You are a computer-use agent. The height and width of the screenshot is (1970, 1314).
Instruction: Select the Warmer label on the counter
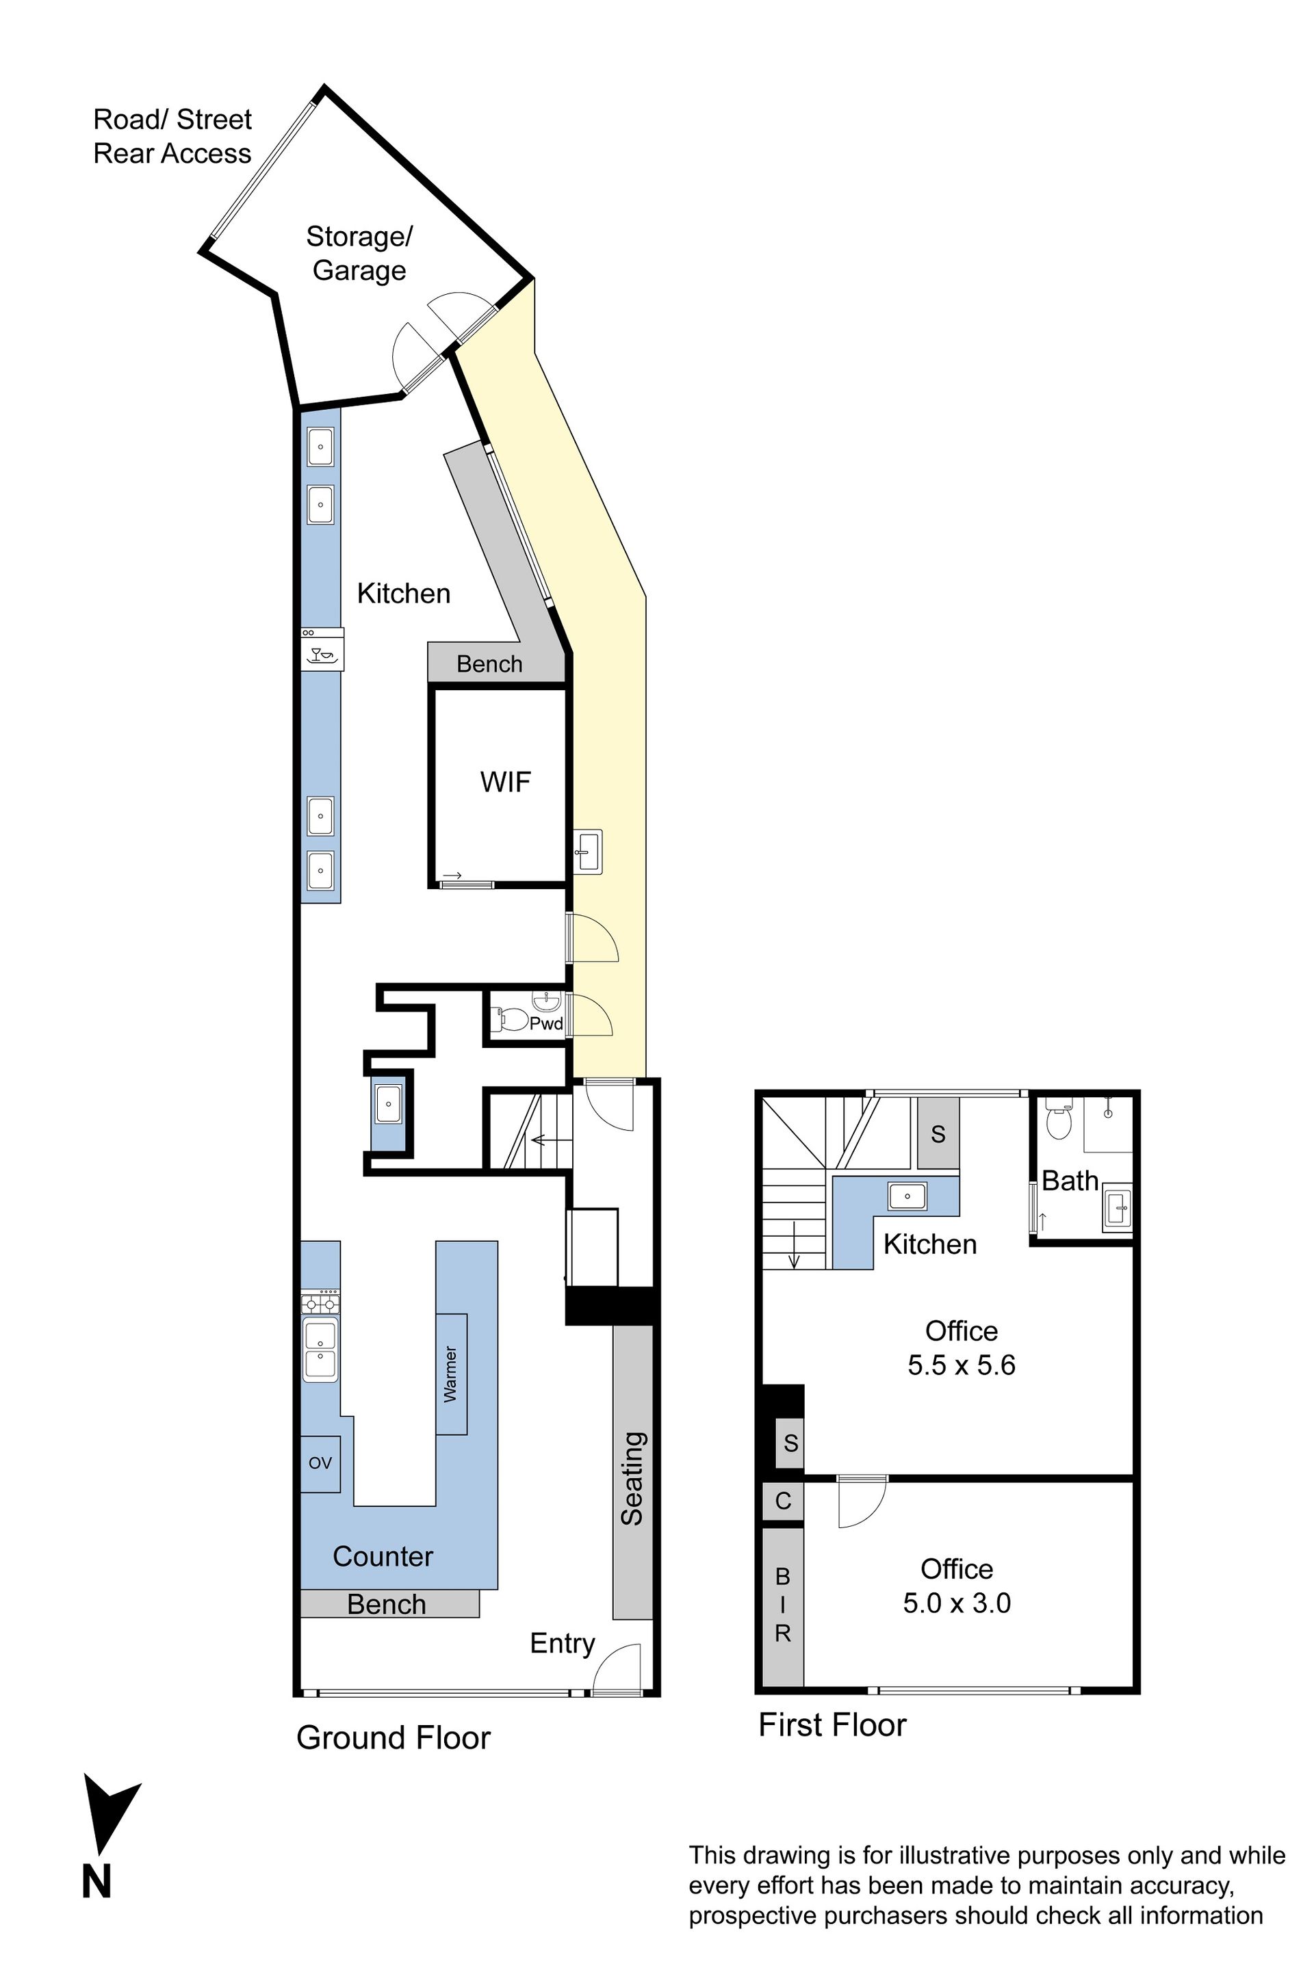[451, 1374]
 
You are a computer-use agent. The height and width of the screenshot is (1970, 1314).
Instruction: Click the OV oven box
[320, 1462]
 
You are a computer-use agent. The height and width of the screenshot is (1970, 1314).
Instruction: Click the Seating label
[632, 1478]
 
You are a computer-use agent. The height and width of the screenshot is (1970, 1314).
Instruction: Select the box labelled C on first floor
[783, 1500]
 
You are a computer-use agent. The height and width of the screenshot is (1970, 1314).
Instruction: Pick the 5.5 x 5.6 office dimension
[961, 1365]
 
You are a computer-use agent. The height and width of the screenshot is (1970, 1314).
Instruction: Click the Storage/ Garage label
[359, 253]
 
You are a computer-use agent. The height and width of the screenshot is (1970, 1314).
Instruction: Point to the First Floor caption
[832, 1724]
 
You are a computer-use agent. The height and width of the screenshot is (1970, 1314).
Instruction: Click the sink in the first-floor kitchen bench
[907, 1195]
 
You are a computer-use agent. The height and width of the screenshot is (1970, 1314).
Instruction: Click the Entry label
[563, 1643]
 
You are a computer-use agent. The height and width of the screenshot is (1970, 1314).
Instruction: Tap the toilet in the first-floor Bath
[1059, 1119]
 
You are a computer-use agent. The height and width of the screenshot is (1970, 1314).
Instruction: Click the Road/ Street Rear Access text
[172, 137]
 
